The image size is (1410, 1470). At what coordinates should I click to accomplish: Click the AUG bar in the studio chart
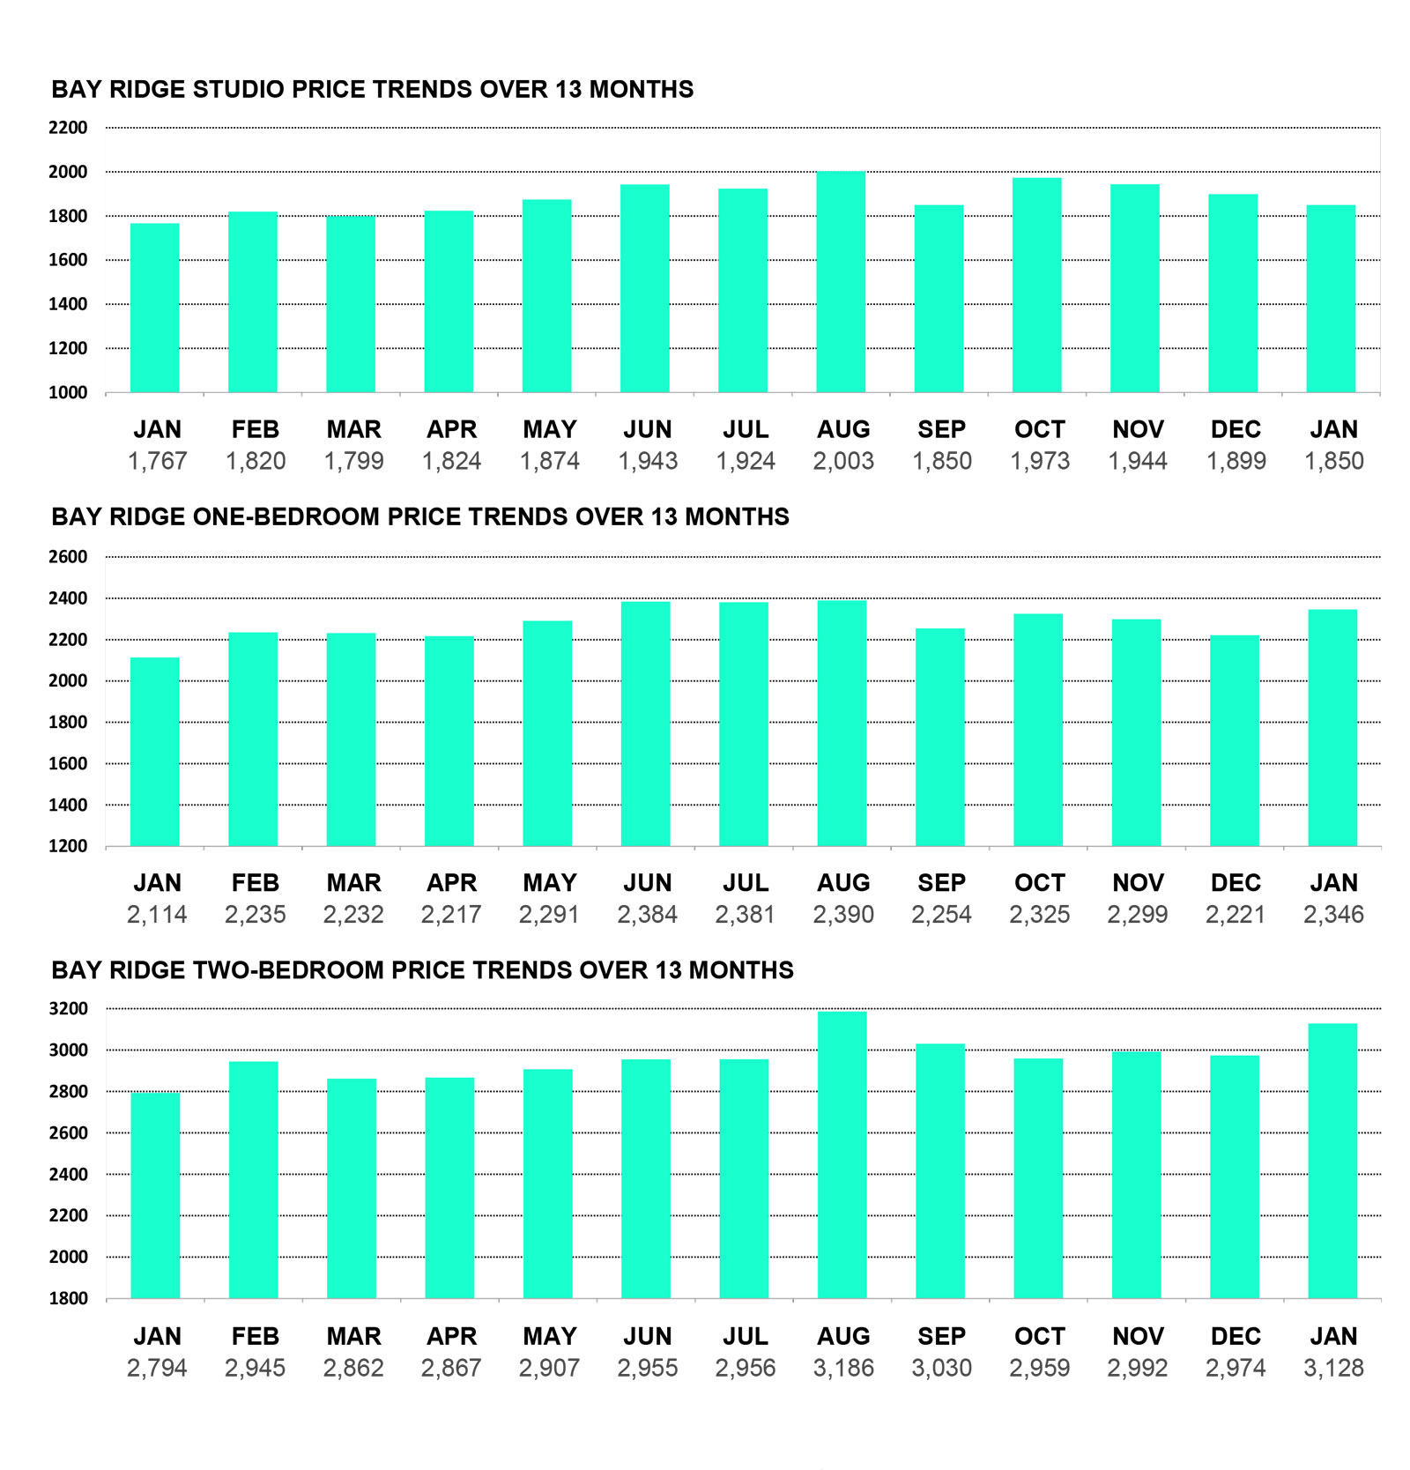[x=841, y=282]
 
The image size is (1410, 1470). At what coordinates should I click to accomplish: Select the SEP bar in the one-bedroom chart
[x=940, y=737]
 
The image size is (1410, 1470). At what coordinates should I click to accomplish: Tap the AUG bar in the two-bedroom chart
[x=842, y=1154]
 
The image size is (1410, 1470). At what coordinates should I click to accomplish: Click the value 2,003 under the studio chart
[x=843, y=461]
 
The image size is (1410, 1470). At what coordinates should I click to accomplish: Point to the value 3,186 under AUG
[x=843, y=1368]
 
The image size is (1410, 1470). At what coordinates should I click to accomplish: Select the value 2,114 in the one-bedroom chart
[x=157, y=915]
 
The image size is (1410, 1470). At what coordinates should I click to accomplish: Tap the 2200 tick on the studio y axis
[x=68, y=128]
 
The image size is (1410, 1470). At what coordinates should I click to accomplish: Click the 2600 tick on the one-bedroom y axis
[x=68, y=557]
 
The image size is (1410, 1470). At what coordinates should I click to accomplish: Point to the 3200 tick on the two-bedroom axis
[x=68, y=1009]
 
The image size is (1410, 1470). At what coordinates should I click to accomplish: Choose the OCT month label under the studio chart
[x=1040, y=429]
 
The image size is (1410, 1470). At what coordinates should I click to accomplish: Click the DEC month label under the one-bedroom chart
[x=1236, y=883]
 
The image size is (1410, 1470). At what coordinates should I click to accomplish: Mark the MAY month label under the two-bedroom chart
[x=549, y=1336]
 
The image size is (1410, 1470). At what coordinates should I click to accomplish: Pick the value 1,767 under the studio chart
[x=157, y=461]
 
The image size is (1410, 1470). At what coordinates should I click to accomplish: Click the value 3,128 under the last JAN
[x=1333, y=1368]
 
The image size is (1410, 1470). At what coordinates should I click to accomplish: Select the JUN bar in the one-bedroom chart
[x=646, y=724]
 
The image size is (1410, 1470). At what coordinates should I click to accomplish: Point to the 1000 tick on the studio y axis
[x=68, y=393]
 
